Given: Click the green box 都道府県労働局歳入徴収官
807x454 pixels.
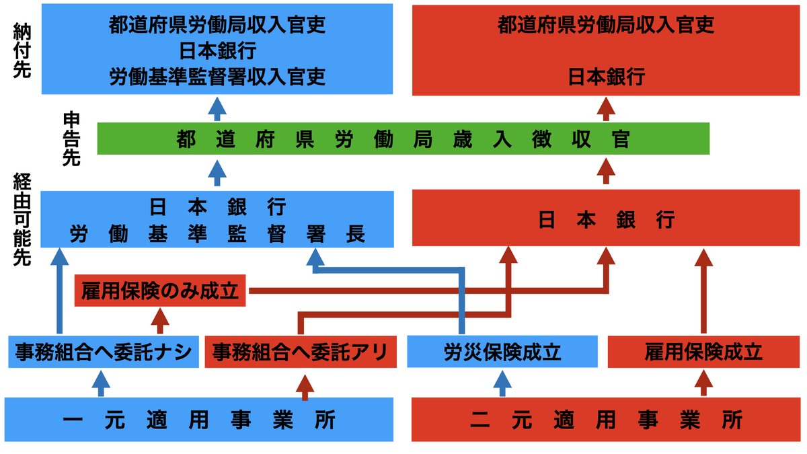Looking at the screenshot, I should tap(403, 139).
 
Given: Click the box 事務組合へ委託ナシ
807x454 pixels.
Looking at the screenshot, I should tap(104, 352).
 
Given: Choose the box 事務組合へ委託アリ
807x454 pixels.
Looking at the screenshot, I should tap(300, 352).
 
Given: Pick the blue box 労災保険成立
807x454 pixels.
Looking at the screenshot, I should tap(502, 352).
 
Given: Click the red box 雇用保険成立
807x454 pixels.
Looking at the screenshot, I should tap(703, 352).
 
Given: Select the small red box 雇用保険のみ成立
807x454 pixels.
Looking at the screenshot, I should tap(161, 291).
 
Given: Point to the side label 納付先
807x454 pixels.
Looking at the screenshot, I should tap(22, 50).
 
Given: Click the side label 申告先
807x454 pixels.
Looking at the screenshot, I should tap(71, 139).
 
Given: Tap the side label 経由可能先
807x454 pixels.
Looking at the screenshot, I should tap(22, 219).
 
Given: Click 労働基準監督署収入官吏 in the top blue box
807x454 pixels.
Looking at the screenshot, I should tap(217, 77).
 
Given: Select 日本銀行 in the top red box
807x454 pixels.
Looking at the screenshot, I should tap(607, 77).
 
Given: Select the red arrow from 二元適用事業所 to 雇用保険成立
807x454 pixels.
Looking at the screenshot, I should tap(703, 383).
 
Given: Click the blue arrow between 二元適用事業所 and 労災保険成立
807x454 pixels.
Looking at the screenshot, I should tap(502, 383).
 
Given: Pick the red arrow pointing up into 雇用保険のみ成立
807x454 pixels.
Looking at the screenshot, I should tap(159, 321).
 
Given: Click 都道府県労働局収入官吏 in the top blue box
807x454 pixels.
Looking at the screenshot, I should tap(217, 26).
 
